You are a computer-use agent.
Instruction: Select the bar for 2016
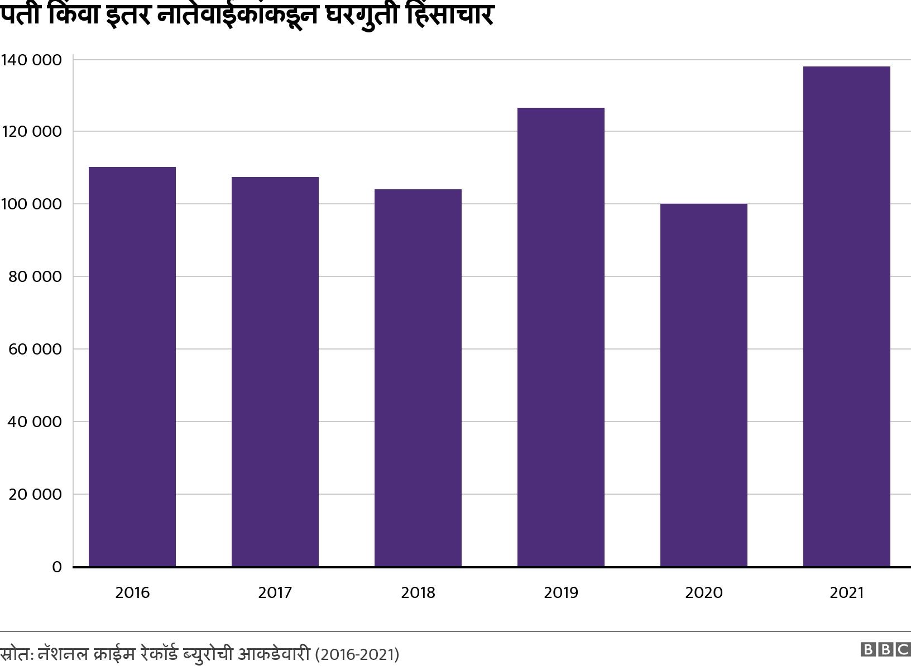[x=132, y=367]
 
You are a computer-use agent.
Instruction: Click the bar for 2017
[x=275, y=372]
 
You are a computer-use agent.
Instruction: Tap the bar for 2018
[x=418, y=378]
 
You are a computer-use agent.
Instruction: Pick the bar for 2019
[x=561, y=337]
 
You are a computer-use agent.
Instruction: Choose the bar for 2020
[x=704, y=385]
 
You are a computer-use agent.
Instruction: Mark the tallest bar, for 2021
[x=847, y=317]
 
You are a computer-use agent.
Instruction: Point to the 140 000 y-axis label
[x=31, y=60]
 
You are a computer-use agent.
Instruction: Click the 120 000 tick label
[x=31, y=132]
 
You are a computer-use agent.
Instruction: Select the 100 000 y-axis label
[x=31, y=204]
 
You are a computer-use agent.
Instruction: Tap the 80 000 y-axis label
[x=35, y=277]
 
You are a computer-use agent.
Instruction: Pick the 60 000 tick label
[x=35, y=350]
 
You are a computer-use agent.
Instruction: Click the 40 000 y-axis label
[x=35, y=422]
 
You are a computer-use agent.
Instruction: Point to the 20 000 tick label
[x=35, y=495]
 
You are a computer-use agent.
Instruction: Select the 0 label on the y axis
[x=56, y=567]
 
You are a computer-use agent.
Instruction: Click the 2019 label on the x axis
[x=561, y=592]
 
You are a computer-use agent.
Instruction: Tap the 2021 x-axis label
[x=847, y=592]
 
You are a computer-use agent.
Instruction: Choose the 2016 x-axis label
[x=132, y=592]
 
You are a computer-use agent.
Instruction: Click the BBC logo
[x=885, y=649]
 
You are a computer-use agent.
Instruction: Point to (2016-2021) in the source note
[x=357, y=654]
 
